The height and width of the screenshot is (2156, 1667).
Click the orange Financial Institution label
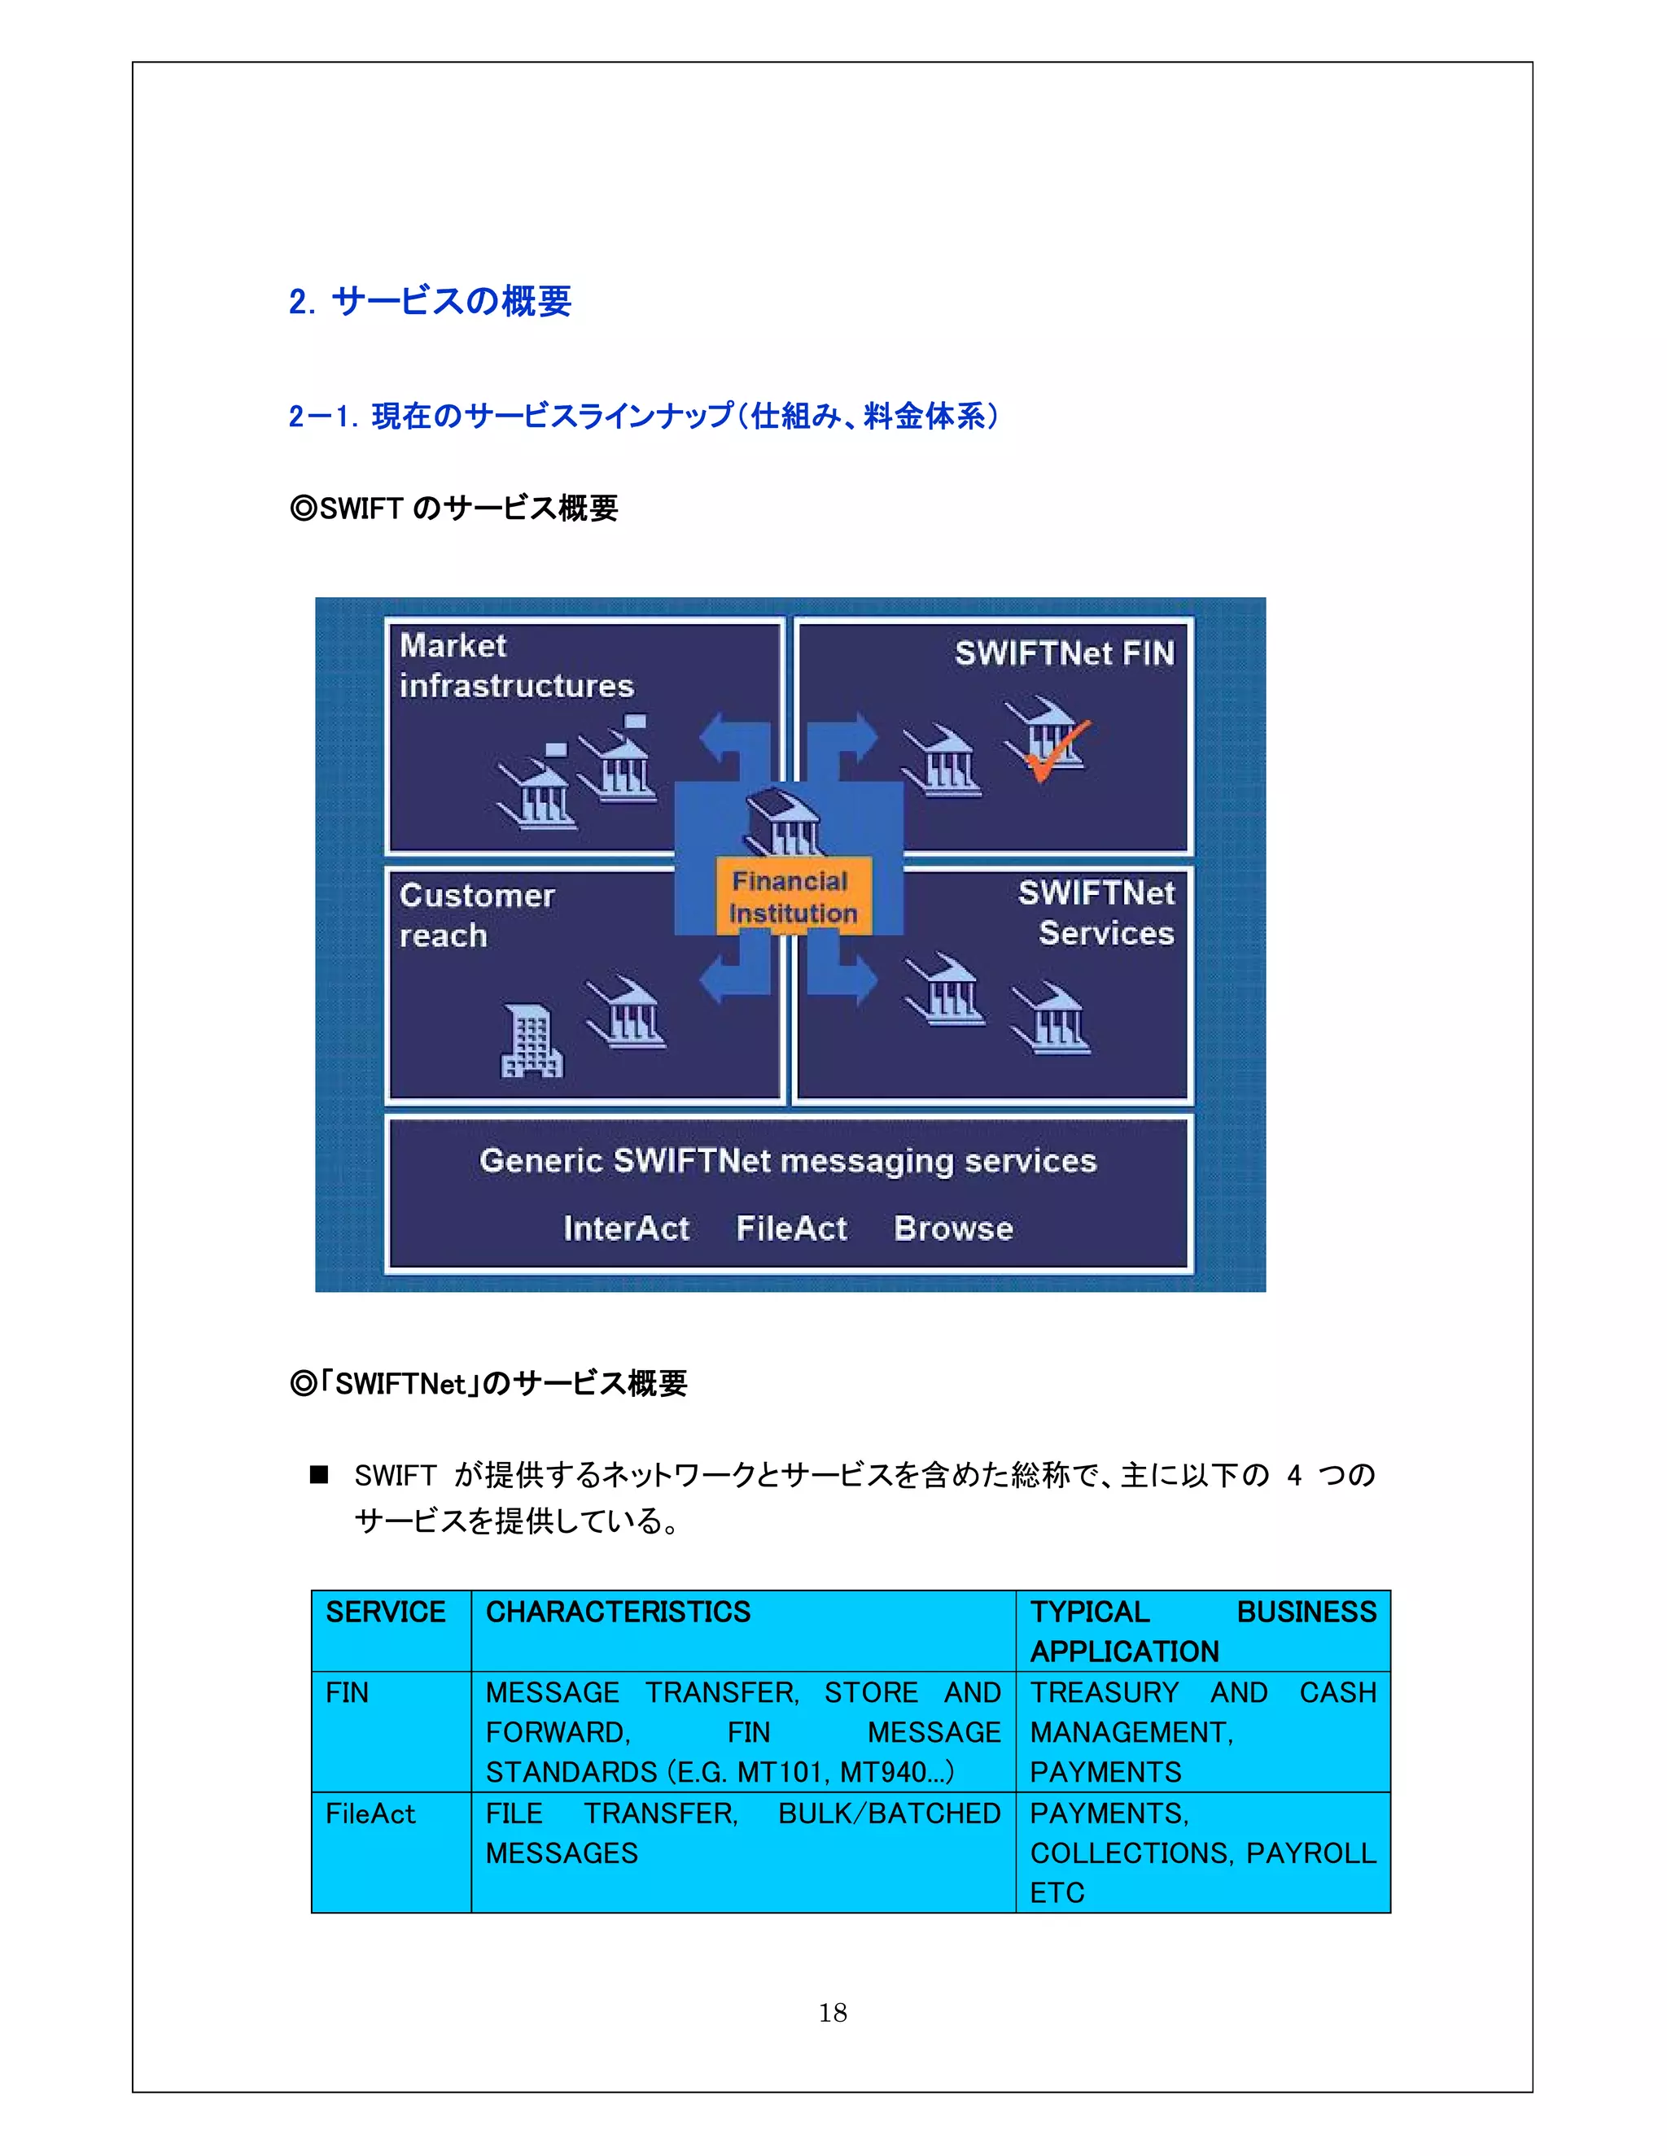pyautogui.click(x=792, y=897)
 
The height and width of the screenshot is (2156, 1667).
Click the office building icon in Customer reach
pyautogui.click(x=532, y=1041)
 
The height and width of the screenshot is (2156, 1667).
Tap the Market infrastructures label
pyautogui.click(x=515, y=666)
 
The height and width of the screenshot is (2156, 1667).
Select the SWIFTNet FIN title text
pyautogui.click(x=1064, y=652)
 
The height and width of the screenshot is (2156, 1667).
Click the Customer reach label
pyautogui.click(x=476, y=915)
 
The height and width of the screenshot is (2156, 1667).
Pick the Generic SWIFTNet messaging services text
pyautogui.click(x=787, y=1161)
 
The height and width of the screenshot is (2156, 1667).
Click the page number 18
pyautogui.click(x=833, y=2012)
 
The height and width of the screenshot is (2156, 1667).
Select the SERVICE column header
pyautogui.click(x=385, y=1612)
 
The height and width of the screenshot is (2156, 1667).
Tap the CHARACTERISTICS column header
pyautogui.click(x=617, y=1612)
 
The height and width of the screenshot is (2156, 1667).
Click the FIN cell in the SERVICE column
pyautogui.click(x=347, y=1693)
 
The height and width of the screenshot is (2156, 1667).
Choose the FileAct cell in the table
pyautogui.click(x=370, y=1813)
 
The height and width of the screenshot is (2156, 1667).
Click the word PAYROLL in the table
pyautogui.click(x=1310, y=1853)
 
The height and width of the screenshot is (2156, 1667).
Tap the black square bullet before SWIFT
pyautogui.click(x=318, y=1475)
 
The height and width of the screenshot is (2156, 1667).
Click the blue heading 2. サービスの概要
pyautogui.click(x=430, y=301)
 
